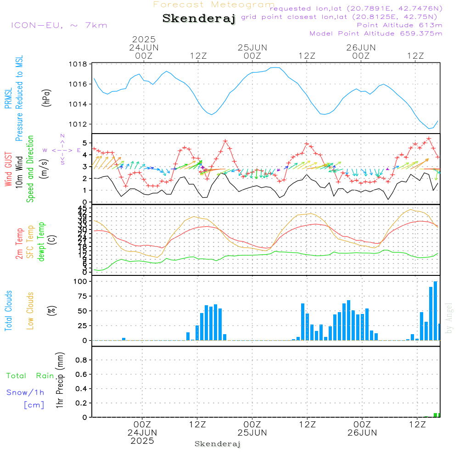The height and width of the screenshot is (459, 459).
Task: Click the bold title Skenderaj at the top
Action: [199, 18]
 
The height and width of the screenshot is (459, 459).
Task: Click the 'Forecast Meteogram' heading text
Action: [214, 5]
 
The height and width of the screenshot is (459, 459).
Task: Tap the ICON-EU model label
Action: [59, 25]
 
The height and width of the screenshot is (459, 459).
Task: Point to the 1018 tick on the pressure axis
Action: [78, 64]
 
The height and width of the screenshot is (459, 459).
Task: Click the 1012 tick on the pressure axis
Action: [78, 124]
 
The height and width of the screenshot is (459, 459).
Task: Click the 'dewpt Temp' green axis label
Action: [42, 242]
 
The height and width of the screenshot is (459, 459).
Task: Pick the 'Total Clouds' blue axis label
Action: [8, 310]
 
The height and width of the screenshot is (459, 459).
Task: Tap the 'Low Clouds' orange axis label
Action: [30, 310]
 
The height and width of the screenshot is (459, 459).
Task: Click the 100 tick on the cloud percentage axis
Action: [80, 281]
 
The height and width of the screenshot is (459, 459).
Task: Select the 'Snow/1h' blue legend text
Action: [26, 392]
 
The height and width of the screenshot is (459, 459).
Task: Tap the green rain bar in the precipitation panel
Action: [435, 415]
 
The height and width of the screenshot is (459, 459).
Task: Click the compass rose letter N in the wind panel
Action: [62, 136]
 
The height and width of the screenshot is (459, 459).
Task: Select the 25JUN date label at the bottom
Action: [252, 432]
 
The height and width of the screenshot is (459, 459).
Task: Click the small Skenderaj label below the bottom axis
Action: [218, 444]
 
